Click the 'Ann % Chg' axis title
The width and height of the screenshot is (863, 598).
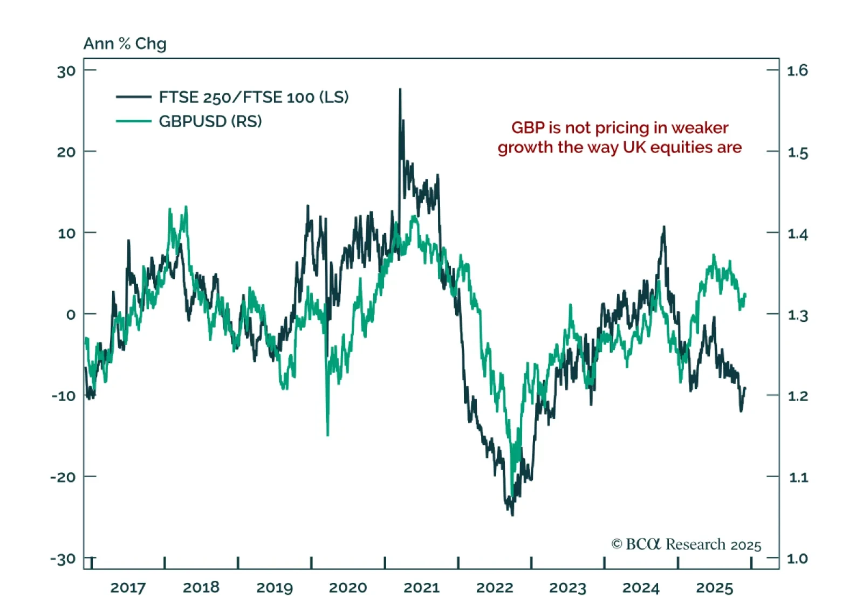coord(125,44)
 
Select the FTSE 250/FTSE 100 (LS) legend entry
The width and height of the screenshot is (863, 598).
coord(254,97)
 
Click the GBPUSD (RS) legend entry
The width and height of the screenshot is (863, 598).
coord(210,121)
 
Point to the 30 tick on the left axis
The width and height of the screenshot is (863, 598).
coord(66,71)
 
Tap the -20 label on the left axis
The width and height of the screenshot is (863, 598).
coord(63,477)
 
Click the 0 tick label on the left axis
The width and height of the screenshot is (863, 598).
coord(71,314)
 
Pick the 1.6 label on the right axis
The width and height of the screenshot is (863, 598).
coord(797,71)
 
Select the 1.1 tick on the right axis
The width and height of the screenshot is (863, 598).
coord(798,477)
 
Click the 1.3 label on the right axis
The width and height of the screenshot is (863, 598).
coord(798,315)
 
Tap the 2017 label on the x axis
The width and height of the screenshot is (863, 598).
coord(128,587)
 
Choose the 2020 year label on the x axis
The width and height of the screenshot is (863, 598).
coord(348,587)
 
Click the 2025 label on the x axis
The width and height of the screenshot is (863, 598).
coord(714,587)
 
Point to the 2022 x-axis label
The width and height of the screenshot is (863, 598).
coord(495,587)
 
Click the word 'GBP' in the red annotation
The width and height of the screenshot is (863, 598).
coord(528,128)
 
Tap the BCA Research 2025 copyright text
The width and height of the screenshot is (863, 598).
coord(686,545)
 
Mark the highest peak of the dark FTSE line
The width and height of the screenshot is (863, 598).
coord(400,90)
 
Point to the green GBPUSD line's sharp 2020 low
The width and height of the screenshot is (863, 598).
coord(328,435)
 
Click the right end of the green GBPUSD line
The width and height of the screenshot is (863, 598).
coord(745,294)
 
